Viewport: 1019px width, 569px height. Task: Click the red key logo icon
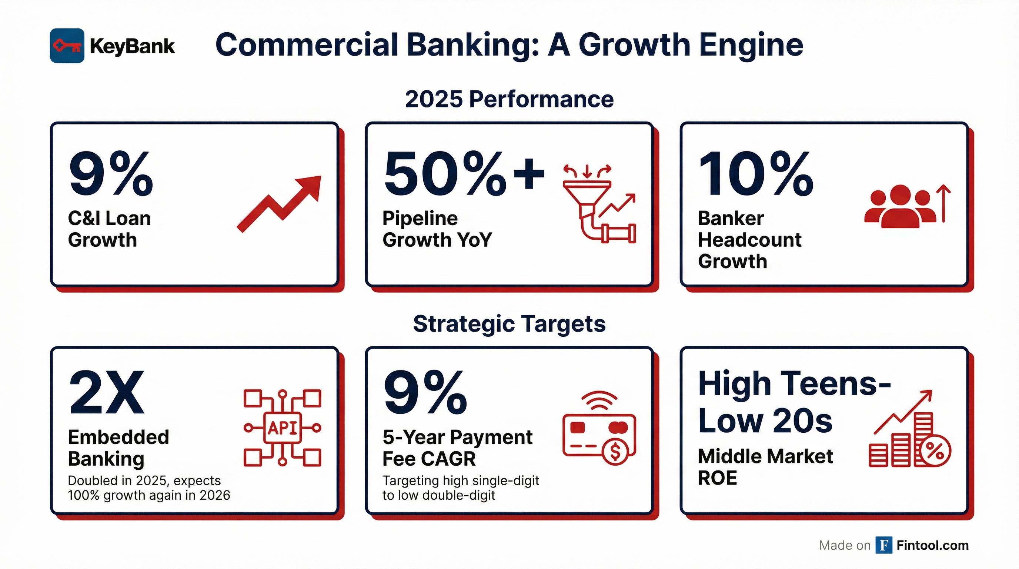coord(67,46)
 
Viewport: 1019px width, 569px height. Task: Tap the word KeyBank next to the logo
coord(132,46)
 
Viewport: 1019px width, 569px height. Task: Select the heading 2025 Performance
coord(509,99)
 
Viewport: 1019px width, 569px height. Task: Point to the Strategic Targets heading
coord(509,324)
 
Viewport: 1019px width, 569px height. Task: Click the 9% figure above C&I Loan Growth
coord(111,174)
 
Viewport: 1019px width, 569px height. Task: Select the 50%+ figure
coord(464,174)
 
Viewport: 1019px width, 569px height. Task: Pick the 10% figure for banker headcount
coord(755,174)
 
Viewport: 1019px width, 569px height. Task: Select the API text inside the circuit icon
coord(283,428)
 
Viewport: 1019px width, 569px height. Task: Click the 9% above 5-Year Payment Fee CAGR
coord(425,393)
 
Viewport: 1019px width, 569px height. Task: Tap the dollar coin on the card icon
coord(615,452)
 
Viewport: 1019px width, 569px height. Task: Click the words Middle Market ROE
coord(765,467)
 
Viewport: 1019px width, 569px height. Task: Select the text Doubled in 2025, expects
coord(144,480)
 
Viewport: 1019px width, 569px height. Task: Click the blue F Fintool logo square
coord(884,545)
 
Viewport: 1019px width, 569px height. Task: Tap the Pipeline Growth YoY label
coord(437,229)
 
